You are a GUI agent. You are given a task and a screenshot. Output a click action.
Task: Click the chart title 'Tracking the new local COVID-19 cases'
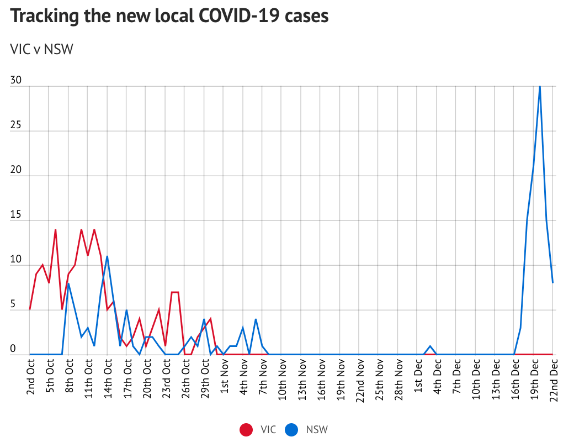(169, 16)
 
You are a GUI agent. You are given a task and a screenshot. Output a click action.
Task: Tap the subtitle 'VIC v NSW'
(42, 50)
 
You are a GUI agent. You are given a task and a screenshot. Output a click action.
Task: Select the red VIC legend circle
(246, 429)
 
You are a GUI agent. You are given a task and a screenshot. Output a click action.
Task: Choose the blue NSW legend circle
(292, 429)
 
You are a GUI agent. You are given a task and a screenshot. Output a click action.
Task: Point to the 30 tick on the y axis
(15, 81)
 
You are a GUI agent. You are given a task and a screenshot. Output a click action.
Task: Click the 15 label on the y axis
(15, 214)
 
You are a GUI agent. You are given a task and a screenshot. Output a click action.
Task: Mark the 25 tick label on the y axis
(15, 125)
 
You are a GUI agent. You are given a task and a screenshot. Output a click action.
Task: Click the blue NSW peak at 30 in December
(540, 87)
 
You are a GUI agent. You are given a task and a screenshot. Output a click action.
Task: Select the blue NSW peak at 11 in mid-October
(107, 256)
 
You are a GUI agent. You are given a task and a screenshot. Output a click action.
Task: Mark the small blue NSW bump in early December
(431, 346)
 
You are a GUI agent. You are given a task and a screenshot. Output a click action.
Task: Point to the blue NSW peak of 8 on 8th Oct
(68, 283)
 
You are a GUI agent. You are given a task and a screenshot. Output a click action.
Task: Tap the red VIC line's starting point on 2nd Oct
(30, 309)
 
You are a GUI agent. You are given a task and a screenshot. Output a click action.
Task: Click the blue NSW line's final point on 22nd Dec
(552, 283)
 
